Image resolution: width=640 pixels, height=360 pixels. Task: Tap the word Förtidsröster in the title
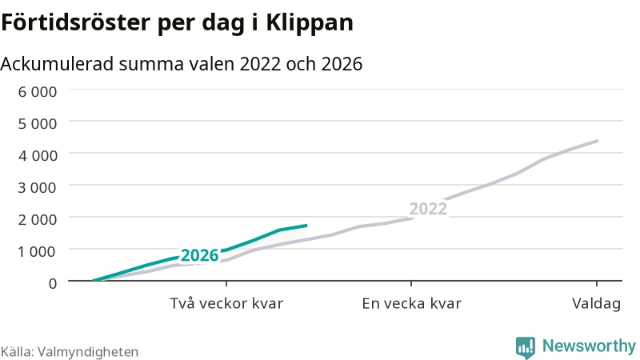[75, 22]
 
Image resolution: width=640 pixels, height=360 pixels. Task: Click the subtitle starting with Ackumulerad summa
[182, 64]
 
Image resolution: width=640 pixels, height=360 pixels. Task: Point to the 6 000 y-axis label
[37, 91]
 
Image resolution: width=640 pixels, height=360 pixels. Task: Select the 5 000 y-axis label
[37, 123]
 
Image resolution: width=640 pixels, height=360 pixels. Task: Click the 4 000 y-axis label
[37, 155]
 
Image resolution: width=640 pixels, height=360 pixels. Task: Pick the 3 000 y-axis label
[37, 187]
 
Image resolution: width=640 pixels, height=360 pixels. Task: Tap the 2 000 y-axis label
[37, 219]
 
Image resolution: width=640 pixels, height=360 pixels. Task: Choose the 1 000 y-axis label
[37, 251]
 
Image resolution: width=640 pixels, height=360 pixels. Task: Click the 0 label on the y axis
[53, 283]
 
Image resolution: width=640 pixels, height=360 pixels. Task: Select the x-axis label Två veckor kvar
[226, 304]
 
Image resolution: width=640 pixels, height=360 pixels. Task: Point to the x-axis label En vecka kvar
[411, 304]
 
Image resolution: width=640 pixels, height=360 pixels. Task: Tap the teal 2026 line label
[200, 255]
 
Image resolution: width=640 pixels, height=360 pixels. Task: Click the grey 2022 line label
[428, 209]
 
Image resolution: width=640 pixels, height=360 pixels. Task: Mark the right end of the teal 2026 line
[306, 226]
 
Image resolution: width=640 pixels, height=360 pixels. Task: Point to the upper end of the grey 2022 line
[598, 141]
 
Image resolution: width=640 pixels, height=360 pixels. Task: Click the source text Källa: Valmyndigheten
[70, 352]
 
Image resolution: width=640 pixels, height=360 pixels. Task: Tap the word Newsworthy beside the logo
[589, 346]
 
